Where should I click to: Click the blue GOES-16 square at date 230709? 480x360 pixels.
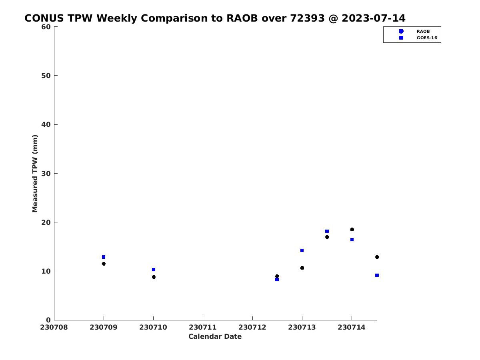click(x=104, y=257)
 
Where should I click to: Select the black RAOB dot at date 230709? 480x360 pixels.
click(x=104, y=264)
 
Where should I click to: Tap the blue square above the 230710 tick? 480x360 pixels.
click(x=154, y=270)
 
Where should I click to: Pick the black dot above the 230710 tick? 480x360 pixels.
click(x=154, y=277)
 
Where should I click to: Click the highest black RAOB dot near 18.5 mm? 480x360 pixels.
click(x=352, y=229)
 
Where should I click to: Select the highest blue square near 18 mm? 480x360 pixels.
click(x=327, y=231)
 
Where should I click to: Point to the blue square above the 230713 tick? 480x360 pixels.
click(x=302, y=250)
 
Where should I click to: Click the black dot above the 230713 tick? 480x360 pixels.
click(x=302, y=268)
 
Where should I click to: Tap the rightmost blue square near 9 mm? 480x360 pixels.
click(x=377, y=275)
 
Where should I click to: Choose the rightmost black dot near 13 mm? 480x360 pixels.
click(x=377, y=257)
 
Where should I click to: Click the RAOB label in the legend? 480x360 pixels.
click(x=423, y=32)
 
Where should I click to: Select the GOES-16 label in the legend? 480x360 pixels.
click(x=427, y=38)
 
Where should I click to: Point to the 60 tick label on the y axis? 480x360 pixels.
click(x=46, y=27)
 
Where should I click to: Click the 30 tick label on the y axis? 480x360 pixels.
click(x=46, y=174)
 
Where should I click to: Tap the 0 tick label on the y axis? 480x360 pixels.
click(x=48, y=320)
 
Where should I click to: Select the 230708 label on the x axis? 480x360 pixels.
click(x=54, y=327)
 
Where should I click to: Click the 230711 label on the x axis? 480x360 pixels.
click(x=203, y=327)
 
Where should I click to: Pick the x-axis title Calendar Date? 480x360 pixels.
click(x=215, y=336)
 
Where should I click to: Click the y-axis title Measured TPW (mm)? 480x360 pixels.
click(x=35, y=173)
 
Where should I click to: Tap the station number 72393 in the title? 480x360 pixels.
click(x=307, y=18)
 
